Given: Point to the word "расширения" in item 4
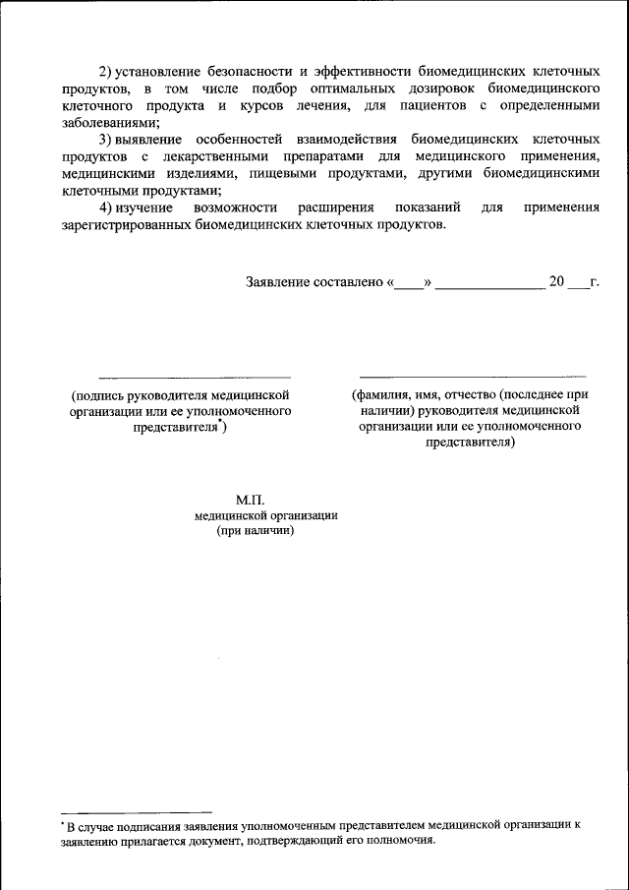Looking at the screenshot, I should (333, 208).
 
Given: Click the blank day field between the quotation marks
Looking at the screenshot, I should (408, 285).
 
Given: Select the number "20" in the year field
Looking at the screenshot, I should (556, 282).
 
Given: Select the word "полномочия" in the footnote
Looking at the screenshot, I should (397, 842).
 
